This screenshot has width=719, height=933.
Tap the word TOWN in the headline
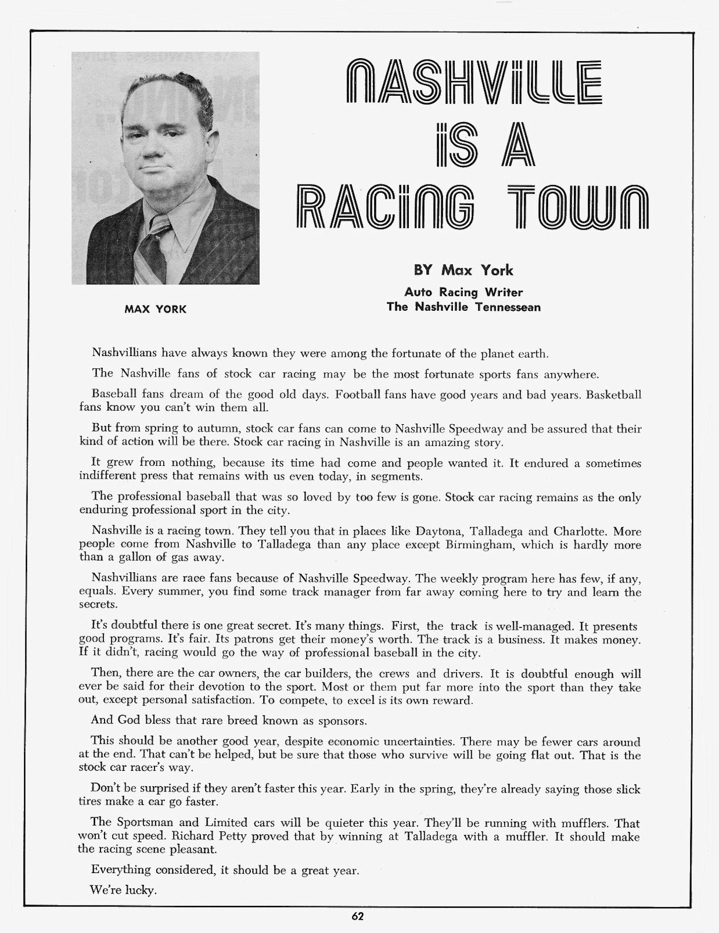(580, 207)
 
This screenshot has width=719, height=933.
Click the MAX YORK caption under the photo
(155, 309)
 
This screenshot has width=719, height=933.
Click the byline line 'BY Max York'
(463, 270)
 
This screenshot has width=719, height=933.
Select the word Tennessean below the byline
(508, 307)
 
